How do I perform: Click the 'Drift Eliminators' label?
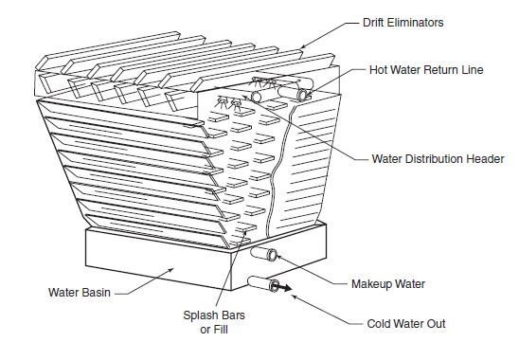[x=403, y=23]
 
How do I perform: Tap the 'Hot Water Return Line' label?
[x=426, y=70]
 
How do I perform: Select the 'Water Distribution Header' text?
[x=438, y=158]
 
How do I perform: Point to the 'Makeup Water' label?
[x=388, y=284]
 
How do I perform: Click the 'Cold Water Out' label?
[x=406, y=324]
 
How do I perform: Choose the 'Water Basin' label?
[x=80, y=293]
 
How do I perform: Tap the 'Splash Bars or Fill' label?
[x=214, y=322]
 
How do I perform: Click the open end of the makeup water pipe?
[x=273, y=255]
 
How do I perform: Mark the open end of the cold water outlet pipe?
[x=275, y=285]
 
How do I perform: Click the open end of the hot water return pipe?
[x=302, y=95]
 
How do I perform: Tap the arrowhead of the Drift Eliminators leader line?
[x=302, y=47]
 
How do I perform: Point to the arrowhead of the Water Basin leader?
[x=170, y=269]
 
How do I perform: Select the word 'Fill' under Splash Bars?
[x=220, y=330]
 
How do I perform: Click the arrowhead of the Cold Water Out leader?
[x=294, y=297]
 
